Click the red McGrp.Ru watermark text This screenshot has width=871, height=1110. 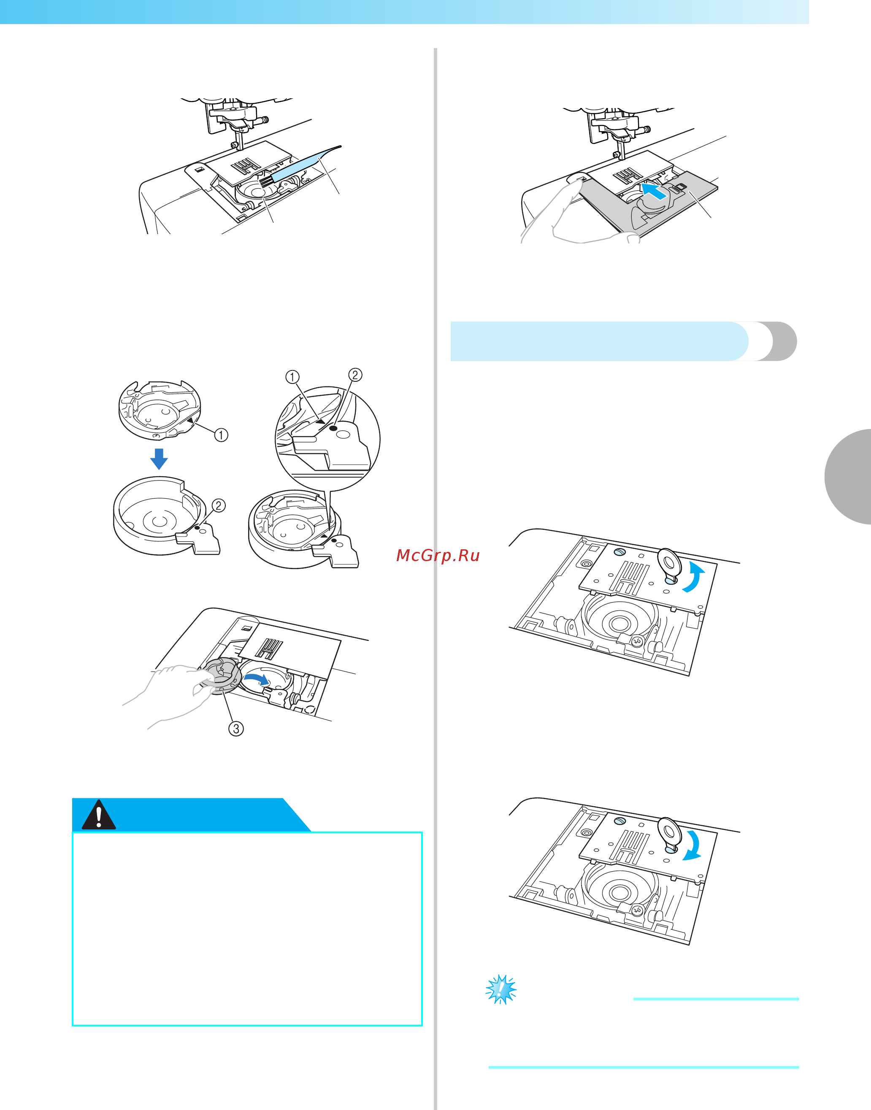point(438,555)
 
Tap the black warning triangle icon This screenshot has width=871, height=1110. point(98,814)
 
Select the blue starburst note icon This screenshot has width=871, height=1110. point(501,989)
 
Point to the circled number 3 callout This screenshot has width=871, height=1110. point(235,729)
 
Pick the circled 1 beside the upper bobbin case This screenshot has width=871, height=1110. point(221,435)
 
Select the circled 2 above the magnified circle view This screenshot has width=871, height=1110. point(355,375)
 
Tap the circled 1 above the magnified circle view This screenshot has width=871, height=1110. point(292,377)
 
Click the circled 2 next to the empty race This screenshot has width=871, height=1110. point(218,505)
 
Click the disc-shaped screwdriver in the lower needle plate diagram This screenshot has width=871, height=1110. point(669,834)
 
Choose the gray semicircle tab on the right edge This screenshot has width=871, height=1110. point(848,477)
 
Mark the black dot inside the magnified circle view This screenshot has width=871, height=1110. point(333,429)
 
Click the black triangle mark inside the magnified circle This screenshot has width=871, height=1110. point(320,421)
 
